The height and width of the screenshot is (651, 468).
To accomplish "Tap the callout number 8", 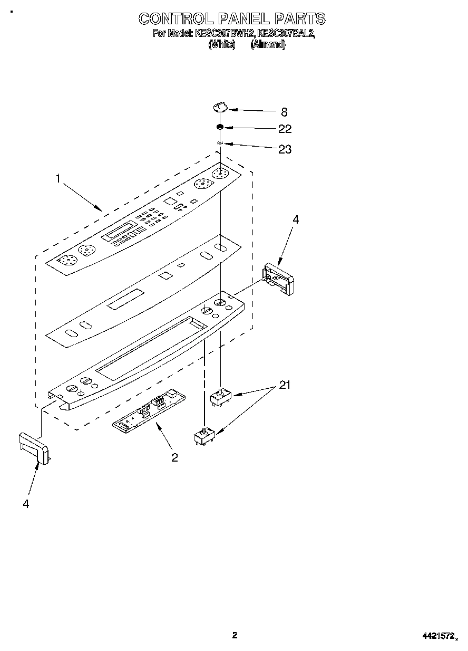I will pos(284,112).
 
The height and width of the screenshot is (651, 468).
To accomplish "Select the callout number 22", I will pos(285,129).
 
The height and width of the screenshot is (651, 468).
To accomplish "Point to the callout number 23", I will pos(285,149).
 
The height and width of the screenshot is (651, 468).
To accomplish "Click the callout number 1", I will pos(58,179).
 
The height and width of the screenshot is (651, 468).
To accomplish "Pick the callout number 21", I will pos(285,385).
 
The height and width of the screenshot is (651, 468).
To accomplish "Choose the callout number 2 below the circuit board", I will pos(174,457).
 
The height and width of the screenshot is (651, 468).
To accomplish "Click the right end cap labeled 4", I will pos(280,277).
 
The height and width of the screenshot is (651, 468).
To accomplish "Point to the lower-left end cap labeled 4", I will pos(34,447).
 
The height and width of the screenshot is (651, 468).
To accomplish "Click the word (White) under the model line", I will pos(222,45).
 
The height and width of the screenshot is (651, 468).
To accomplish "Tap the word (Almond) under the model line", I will pos(268,45).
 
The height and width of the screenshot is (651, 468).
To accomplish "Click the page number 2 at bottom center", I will pos(235,635).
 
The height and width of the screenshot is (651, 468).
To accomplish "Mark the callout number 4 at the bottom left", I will pos(26,504).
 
